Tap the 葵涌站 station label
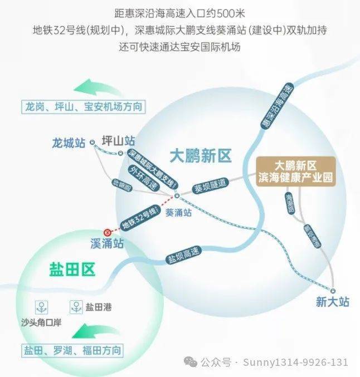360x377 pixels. [x=179, y=212]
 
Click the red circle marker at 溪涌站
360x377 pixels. [x=108, y=232]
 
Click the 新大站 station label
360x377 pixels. [x=332, y=302]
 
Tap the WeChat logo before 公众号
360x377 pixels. [x=191, y=362]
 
